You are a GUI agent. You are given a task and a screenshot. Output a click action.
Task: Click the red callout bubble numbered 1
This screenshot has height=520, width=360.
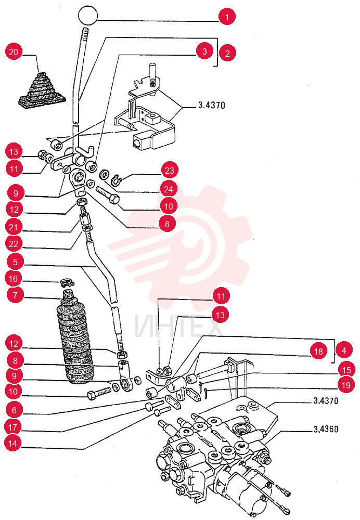(227, 17)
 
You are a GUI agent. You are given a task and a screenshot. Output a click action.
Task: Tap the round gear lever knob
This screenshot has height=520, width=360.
(88, 15)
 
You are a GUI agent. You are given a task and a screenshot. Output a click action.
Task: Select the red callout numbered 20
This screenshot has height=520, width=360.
(14, 52)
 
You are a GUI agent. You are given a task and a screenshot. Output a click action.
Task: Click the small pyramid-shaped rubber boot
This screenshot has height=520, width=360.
(42, 90)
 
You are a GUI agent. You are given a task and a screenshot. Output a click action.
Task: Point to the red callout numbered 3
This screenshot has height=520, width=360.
(204, 51)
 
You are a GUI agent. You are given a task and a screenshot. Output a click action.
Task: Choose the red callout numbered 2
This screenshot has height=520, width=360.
(227, 53)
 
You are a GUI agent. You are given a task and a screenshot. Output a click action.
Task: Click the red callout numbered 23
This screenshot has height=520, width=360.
(170, 171)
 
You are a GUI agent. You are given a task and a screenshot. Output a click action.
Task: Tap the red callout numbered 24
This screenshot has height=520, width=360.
(169, 189)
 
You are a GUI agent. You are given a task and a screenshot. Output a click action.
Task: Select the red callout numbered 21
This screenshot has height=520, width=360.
(14, 227)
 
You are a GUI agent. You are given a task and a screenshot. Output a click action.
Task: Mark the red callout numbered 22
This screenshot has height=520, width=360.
(14, 244)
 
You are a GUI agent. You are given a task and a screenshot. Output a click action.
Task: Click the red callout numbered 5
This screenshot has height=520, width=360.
(15, 262)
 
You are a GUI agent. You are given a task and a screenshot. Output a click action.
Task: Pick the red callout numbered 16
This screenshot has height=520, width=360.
(14, 279)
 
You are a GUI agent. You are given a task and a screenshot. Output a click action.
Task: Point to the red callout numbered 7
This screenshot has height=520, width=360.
(15, 295)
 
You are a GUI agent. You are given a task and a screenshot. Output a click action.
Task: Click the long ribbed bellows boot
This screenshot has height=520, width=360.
(75, 337)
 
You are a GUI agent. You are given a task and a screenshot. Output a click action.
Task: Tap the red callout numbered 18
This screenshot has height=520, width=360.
(318, 351)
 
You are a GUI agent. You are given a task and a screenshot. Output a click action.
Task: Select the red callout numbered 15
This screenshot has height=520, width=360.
(346, 370)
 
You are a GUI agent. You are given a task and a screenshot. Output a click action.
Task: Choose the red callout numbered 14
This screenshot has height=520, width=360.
(12, 444)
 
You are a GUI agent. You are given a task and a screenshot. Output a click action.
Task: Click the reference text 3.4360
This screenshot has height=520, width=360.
(326, 430)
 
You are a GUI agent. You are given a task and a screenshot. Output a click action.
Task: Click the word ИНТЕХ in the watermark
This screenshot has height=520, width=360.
(178, 327)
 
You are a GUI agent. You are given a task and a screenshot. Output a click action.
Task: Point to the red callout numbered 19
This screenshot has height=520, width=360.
(346, 385)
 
